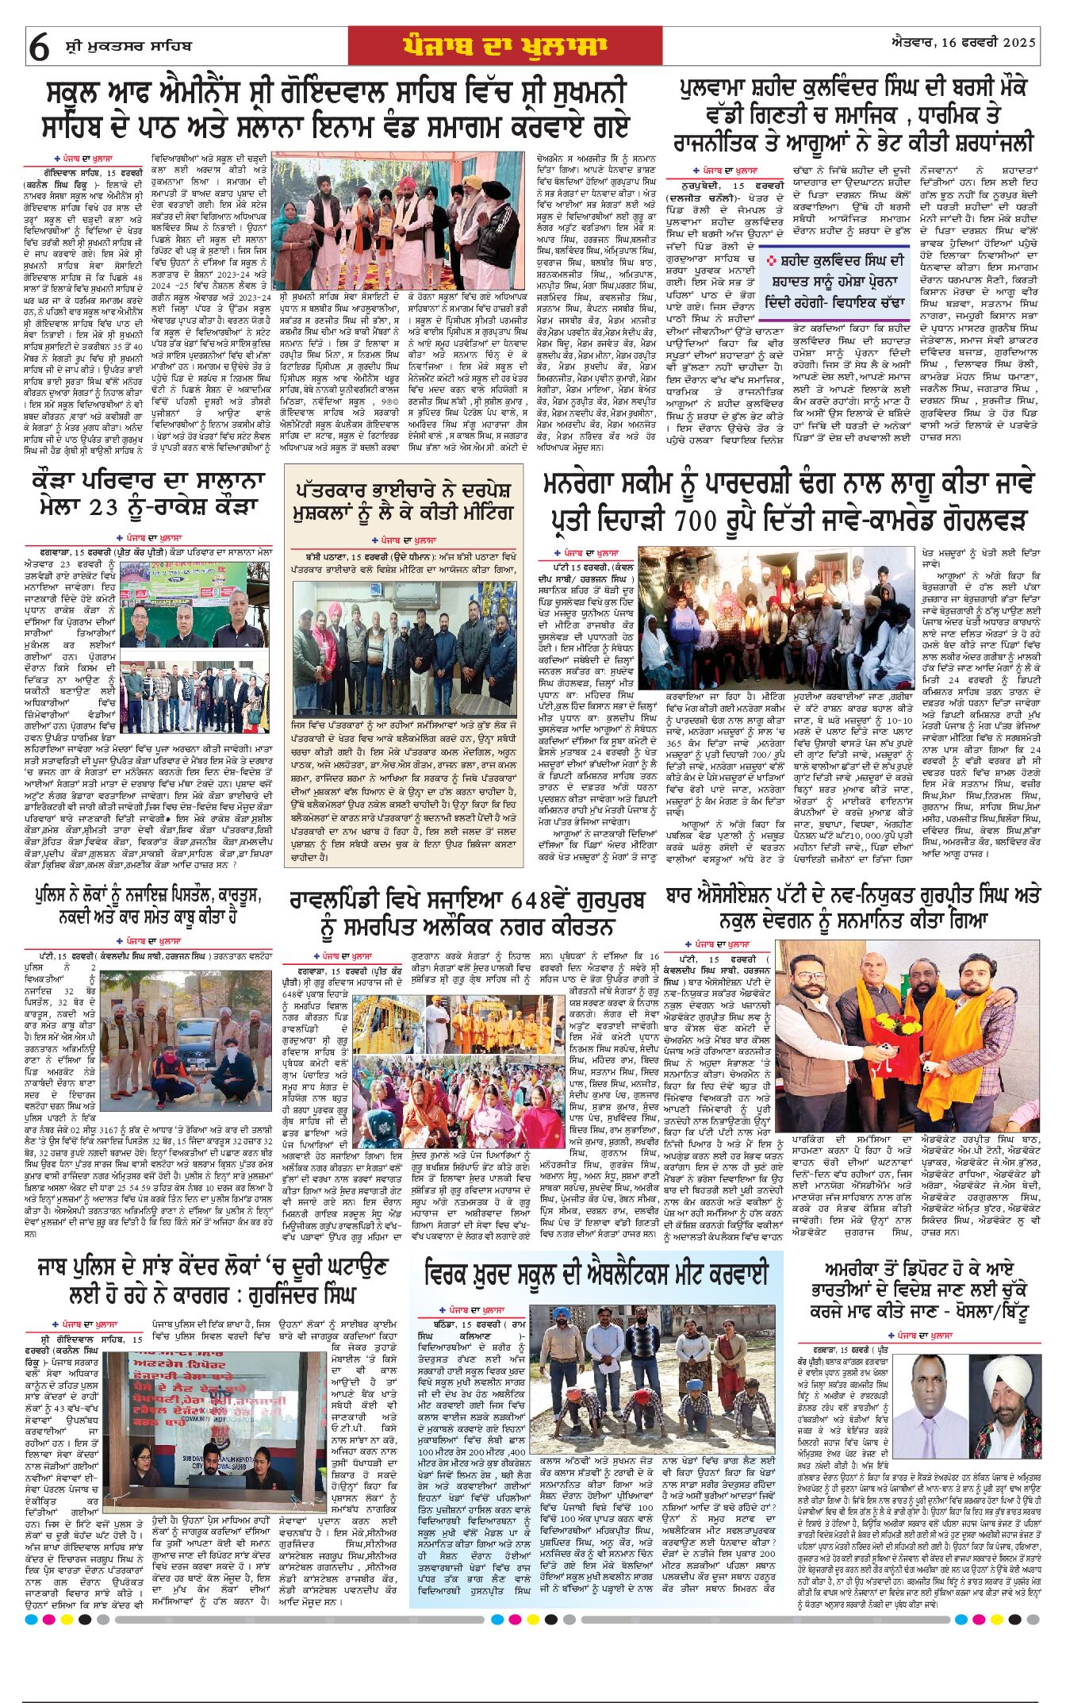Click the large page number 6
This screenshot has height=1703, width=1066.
pos(39,48)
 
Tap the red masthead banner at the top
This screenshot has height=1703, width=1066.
pos(504,46)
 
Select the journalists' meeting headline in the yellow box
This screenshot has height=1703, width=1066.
pos(402,501)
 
